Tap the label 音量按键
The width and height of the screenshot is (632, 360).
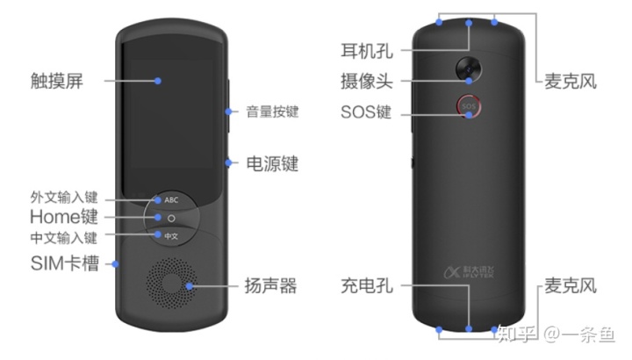pyautogui.click(x=272, y=112)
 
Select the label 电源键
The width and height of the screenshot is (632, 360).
pyautogui.click(x=271, y=162)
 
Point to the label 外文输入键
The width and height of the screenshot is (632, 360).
pyautogui.click(x=63, y=198)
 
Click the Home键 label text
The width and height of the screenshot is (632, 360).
pyautogui.click(x=63, y=217)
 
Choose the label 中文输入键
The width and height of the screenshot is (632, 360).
pyautogui.click(x=63, y=236)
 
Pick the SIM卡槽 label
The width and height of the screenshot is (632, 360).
pyautogui.click(x=64, y=262)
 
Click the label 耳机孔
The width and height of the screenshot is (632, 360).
pyautogui.click(x=365, y=47)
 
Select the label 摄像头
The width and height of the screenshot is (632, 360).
pyautogui.click(x=365, y=80)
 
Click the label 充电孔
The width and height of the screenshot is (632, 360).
pyautogui.click(x=366, y=285)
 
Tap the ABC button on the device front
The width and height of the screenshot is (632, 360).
pyautogui.click(x=171, y=199)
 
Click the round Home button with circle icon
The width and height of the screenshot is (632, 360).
pyautogui.click(x=171, y=217)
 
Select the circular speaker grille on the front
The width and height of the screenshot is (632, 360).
pyautogui.click(x=172, y=284)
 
